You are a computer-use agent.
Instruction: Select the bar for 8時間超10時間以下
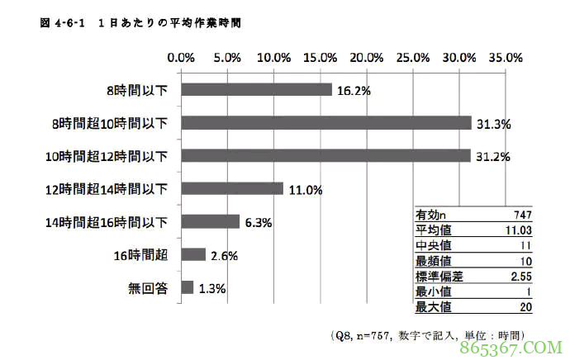tap(325, 122)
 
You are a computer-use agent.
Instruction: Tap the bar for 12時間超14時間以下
tap(231, 188)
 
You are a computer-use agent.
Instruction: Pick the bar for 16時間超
tap(192, 254)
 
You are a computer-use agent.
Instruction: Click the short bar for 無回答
tap(187, 287)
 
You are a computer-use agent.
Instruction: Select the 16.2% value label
tap(352, 90)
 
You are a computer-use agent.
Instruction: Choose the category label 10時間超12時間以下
tap(107, 156)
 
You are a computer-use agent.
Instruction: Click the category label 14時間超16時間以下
tap(107, 222)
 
